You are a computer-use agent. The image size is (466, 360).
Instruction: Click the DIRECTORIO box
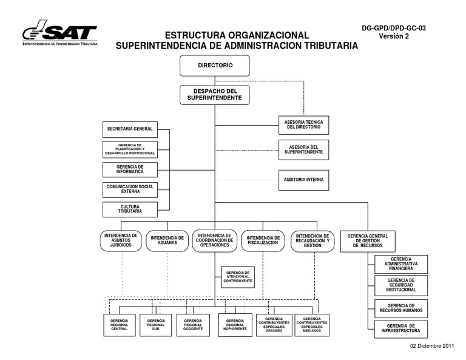tap(215, 65)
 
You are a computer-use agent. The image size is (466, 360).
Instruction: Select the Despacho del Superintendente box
tap(215, 94)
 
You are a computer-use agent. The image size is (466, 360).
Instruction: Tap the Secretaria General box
tap(130, 129)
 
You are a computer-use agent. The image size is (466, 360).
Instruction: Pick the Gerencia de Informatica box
tap(130, 169)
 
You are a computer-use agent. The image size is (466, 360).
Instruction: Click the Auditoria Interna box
tap(303, 180)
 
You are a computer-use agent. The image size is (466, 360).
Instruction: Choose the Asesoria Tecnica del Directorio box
tap(303, 124)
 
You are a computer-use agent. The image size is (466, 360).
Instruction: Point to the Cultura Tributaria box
tap(130, 209)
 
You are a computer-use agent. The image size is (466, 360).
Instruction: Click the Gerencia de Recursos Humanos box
tap(400, 308)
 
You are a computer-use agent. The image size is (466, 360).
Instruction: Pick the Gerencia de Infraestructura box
tap(400, 329)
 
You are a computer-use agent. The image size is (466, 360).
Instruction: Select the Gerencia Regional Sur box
tap(156, 325)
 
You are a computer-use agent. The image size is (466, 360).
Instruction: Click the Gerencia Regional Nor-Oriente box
tap(235, 325)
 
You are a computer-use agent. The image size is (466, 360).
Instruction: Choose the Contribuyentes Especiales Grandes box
tap(274, 325)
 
